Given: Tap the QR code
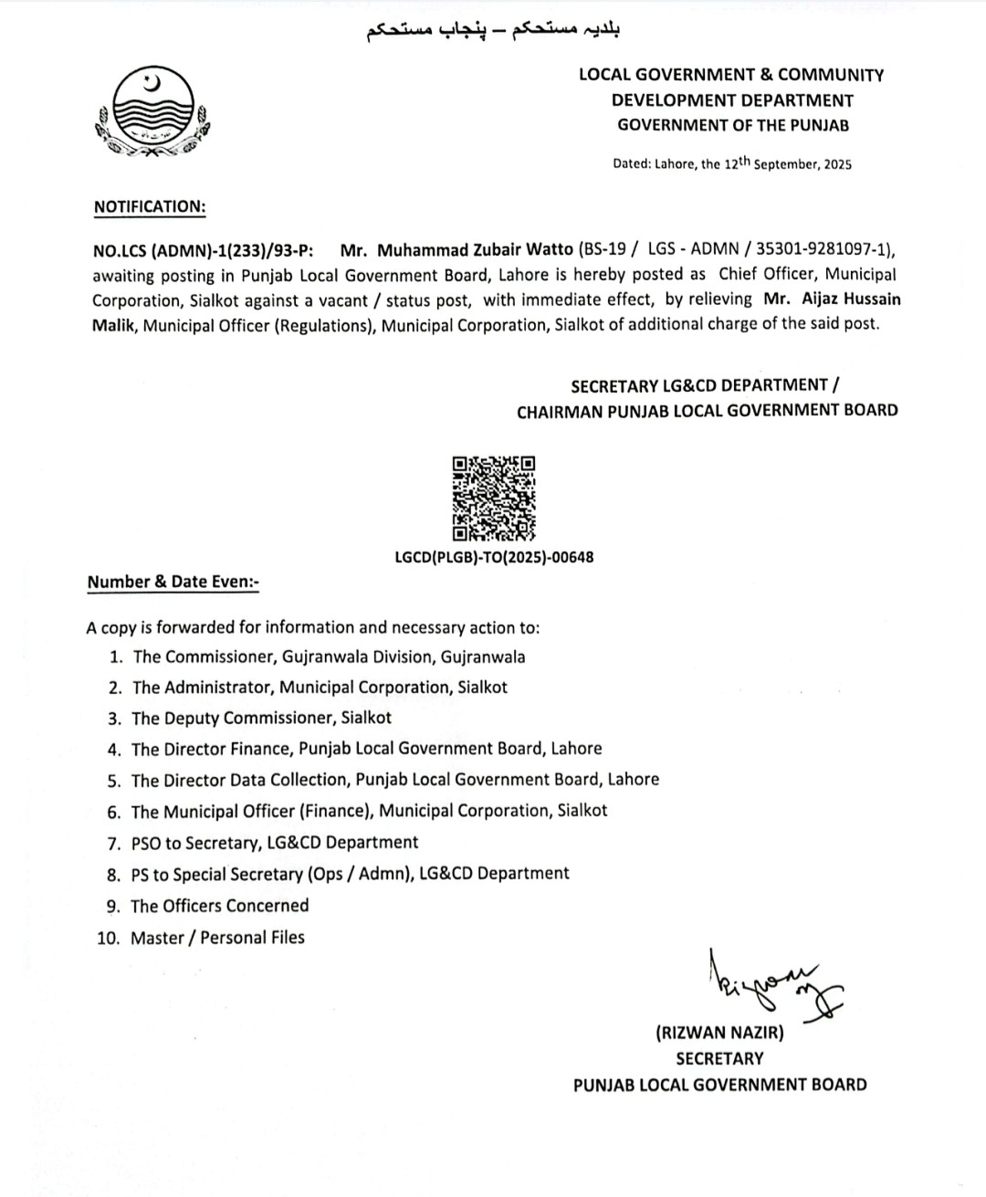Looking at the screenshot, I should tap(493, 499).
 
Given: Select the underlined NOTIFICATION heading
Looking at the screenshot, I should tap(150, 206).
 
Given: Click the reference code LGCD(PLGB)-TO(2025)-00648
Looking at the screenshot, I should tap(494, 557).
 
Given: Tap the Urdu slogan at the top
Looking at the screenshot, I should tap(493, 30).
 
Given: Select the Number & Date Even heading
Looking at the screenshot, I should tap(173, 582).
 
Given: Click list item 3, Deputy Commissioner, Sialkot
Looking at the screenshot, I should tap(261, 718).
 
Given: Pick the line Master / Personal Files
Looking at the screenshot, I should tap(217, 937).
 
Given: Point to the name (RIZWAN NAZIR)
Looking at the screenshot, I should tap(719, 1033).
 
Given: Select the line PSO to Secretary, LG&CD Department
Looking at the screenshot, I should tap(274, 842).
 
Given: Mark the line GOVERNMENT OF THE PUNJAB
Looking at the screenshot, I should tap(733, 125).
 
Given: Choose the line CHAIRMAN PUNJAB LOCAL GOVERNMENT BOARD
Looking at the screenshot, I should tap(707, 411).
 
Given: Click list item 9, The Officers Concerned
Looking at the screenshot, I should tap(219, 906).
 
